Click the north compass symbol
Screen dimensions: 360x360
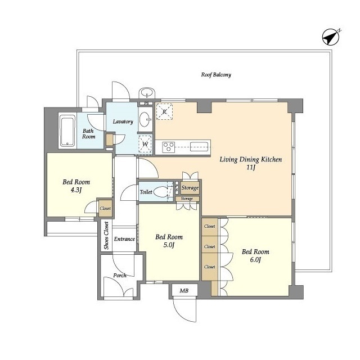331,37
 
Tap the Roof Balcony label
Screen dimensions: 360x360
216,75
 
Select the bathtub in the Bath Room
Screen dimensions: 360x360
67,130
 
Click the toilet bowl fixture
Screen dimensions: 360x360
161,191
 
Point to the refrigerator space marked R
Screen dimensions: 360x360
164,111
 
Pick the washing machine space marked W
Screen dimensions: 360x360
145,144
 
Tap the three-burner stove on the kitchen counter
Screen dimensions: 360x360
169,147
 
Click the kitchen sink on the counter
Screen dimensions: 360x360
199,147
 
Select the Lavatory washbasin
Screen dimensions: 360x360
145,119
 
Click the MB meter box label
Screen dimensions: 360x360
184,291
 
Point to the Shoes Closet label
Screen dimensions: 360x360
106,235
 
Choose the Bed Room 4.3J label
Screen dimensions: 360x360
76,186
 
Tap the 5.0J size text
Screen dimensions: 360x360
169,245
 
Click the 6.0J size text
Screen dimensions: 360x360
255,260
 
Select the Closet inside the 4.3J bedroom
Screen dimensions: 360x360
105,209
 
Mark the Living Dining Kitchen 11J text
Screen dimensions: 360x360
251,163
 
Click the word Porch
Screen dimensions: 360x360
120,275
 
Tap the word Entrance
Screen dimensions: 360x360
124,239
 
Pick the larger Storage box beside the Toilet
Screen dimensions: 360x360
190,188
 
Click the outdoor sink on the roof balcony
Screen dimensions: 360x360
147,93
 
